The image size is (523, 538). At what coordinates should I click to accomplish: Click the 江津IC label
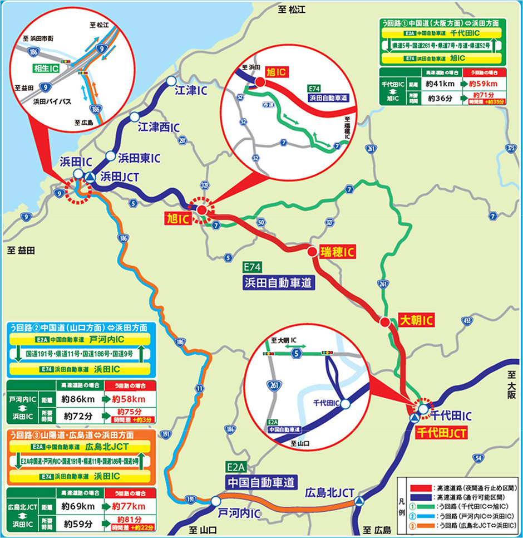click(x=191, y=90)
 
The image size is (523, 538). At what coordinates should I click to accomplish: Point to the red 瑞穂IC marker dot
click(x=312, y=252)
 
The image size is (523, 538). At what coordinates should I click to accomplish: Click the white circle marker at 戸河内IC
click(x=215, y=501)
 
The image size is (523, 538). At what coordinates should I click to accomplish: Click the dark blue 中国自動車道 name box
click(x=260, y=481)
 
